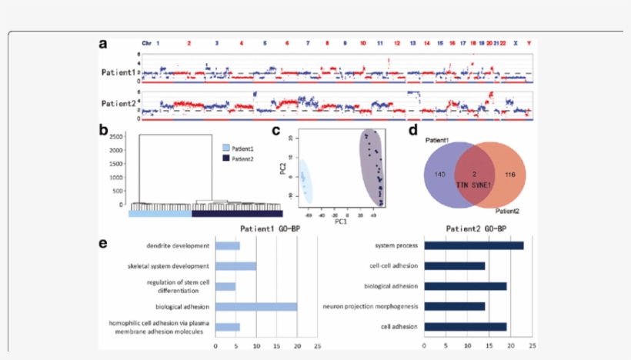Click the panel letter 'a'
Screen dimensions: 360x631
(x=103, y=44)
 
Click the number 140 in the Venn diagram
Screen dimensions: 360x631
(x=441, y=175)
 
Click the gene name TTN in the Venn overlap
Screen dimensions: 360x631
(x=463, y=186)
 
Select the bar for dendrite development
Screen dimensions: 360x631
(x=228, y=246)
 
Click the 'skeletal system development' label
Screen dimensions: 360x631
(x=169, y=266)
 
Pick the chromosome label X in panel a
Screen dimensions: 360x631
(x=516, y=43)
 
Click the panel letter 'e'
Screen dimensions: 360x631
(x=103, y=244)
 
